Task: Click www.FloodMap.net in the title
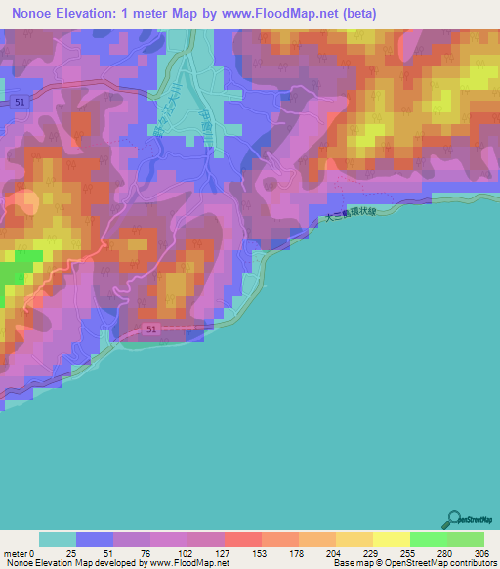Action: [x=278, y=14]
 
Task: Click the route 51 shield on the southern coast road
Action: [x=149, y=330]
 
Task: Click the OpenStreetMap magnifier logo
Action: [x=455, y=519]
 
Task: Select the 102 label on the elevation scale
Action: [x=187, y=554]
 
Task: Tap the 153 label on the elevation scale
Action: [x=261, y=554]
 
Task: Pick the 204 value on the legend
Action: [x=336, y=554]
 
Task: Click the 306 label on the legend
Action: [x=483, y=554]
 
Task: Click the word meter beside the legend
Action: [x=15, y=554]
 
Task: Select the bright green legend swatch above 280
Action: [x=428, y=540]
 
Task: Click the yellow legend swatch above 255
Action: [x=391, y=540]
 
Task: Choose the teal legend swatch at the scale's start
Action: [x=58, y=540]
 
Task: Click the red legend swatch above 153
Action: [x=242, y=540]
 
